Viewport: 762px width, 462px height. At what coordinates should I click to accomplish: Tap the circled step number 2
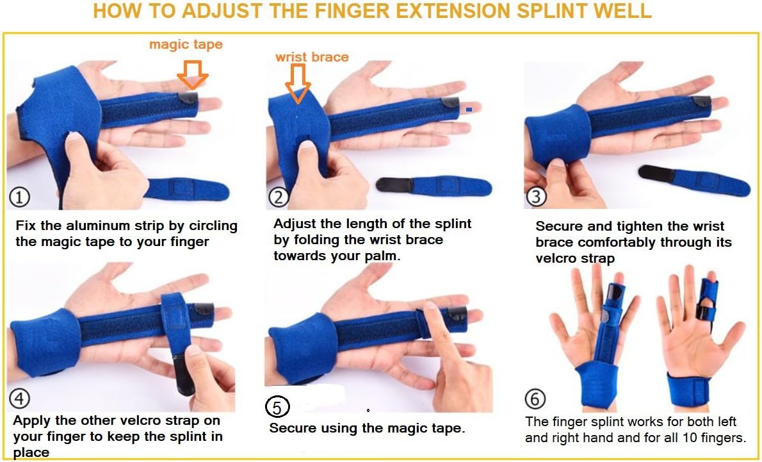[x=278, y=197]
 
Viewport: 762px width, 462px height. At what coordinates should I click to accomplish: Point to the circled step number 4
[x=20, y=399]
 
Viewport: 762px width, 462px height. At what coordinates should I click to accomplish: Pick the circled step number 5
[x=277, y=406]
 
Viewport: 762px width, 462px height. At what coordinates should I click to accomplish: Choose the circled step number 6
[x=535, y=399]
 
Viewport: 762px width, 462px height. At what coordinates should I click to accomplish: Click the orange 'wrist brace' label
[x=312, y=57]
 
